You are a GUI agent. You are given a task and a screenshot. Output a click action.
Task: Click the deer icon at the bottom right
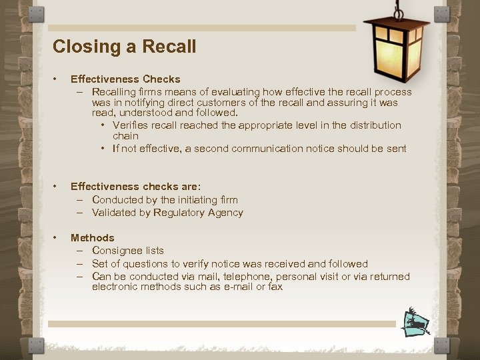(x=416, y=323)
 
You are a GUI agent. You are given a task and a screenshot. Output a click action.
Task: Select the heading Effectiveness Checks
(x=125, y=79)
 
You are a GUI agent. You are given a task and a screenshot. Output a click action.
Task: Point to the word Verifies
(x=130, y=125)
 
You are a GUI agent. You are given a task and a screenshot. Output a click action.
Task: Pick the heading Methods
(x=93, y=238)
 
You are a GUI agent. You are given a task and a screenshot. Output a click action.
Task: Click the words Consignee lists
(x=128, y=251)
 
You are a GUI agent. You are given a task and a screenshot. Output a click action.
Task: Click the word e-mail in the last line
(x=238, y=287)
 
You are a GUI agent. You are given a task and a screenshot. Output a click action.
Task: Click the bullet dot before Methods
(x=59, y=238)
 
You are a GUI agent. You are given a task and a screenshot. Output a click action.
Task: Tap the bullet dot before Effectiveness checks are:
(x=59, y=187)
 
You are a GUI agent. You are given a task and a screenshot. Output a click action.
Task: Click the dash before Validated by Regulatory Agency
(x=79, y=213)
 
